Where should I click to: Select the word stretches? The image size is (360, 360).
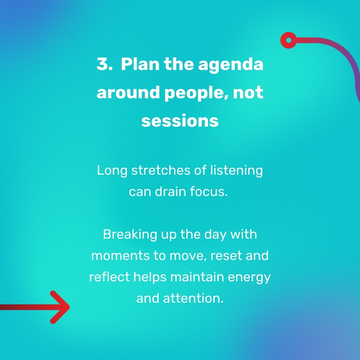(161, 171)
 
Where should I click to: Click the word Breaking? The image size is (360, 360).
(130, 235)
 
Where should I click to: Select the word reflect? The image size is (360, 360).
(109, 277)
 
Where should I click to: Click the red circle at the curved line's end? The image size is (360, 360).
(289, 40)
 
